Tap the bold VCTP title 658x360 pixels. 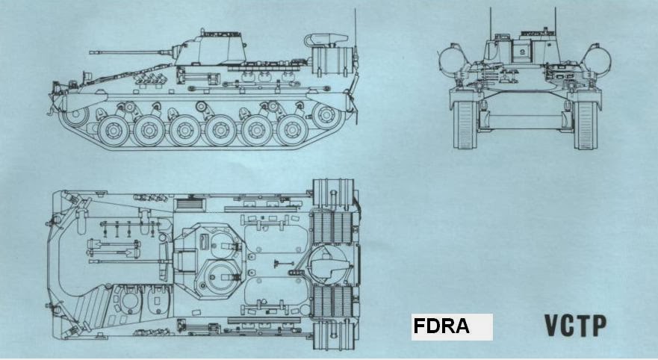coord(575,326)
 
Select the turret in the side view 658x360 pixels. coord(212,49)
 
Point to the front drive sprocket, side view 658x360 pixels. coord(75,116)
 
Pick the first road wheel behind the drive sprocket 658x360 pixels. coord(112,130)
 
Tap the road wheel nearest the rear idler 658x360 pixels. coord(292,130)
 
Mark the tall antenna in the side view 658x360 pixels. coord(355,30)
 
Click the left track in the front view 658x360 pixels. coord(465,124)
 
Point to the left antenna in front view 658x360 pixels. coord(491,22)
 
